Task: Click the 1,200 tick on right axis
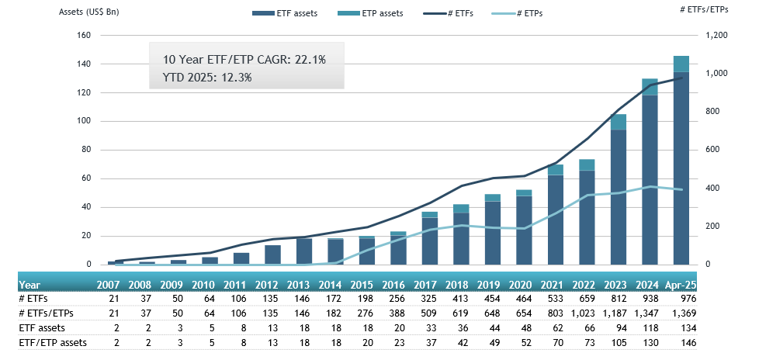tap(717, 36)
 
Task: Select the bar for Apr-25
tap(681, 163)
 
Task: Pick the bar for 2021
tap(555, 217)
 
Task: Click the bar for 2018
tap(461, 237)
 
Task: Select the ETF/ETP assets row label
tap(52, 342)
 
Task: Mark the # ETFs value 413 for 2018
tap(461, 299)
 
